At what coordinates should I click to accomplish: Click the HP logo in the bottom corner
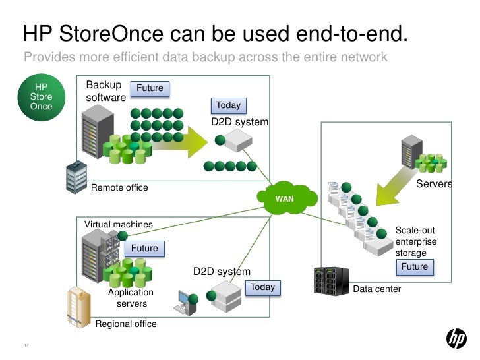click(456, 339)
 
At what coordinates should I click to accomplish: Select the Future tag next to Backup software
click(150, 88)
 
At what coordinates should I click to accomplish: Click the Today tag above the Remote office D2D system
click(228, 105)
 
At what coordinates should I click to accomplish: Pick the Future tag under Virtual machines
click(144, 248)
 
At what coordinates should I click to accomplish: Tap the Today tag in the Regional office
click(262, 287)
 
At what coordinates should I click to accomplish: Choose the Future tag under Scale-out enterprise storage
click(415, 267)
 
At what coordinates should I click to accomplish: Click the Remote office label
click(119, 188)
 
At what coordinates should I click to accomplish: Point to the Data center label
click(377, 289)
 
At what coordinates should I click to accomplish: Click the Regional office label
click(126, 324)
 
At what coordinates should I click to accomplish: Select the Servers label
click(434, 184)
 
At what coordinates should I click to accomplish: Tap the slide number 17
click(26, 347)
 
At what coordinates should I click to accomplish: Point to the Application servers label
click(131, 298)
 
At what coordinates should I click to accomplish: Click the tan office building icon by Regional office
click(78, 306)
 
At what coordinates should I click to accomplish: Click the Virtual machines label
click(118, 224)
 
